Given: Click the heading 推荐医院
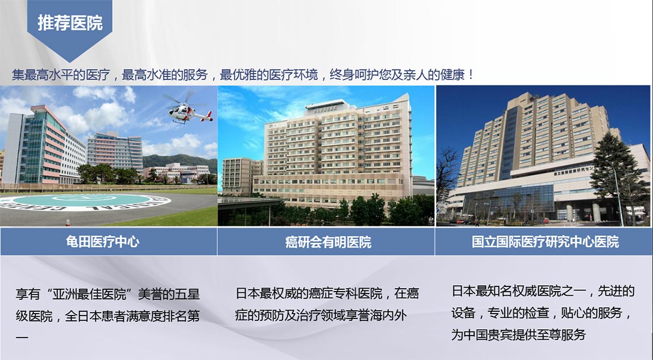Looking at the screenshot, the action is (x=70, y=23).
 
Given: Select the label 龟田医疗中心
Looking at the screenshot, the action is (x=103, y=242).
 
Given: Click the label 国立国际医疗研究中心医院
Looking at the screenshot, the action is (x=545, y=242).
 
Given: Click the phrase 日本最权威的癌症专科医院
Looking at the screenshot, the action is (x=309, y=293).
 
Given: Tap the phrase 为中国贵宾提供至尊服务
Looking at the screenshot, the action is (x=518, y=334).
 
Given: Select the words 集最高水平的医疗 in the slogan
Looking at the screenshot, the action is (x=61, y=75).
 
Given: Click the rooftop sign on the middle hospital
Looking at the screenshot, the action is (x=326, y=109).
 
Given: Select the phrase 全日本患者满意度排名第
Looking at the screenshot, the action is (x=132, y=315).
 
